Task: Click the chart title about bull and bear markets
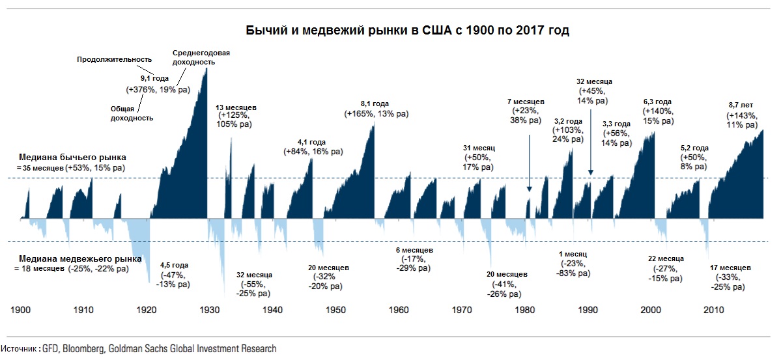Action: (x=407, y=31)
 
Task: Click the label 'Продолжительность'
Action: (x=115, y=60)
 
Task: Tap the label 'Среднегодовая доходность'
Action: (x=201, y=57)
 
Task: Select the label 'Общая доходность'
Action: (x=131, y=114)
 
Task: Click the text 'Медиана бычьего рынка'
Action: (x=72, y=158)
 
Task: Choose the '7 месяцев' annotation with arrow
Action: (x=526, y=102)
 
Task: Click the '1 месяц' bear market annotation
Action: (x=573, y=254)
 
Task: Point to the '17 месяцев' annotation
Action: (x=730, y=268)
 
